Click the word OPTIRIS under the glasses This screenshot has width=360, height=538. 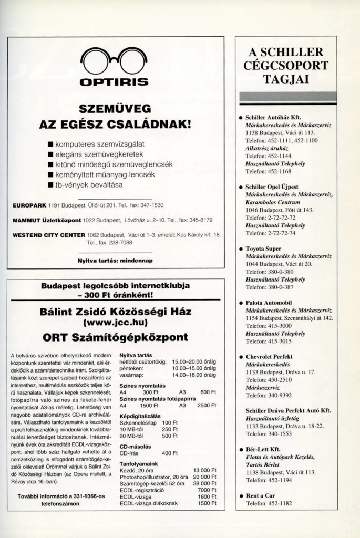[113, 82]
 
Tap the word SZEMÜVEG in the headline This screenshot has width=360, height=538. [114, 109]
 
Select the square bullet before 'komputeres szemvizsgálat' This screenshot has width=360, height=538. [50, 143]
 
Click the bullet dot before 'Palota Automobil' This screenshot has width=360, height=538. [241, 303]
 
